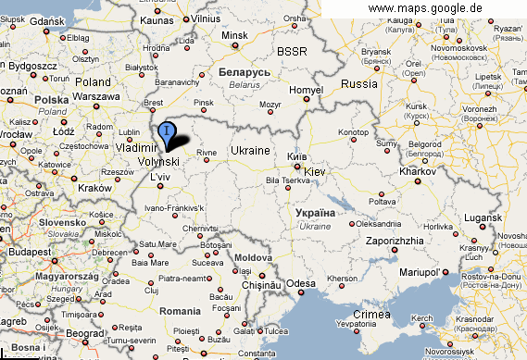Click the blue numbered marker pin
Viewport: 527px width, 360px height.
(x=167, y=133)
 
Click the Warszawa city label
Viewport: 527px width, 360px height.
(x=95, y=96)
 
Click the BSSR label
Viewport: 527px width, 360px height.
(x=290, y=52)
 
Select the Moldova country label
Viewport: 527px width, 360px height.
(x=254, y=256)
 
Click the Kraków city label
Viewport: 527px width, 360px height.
(x=94, y=188)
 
